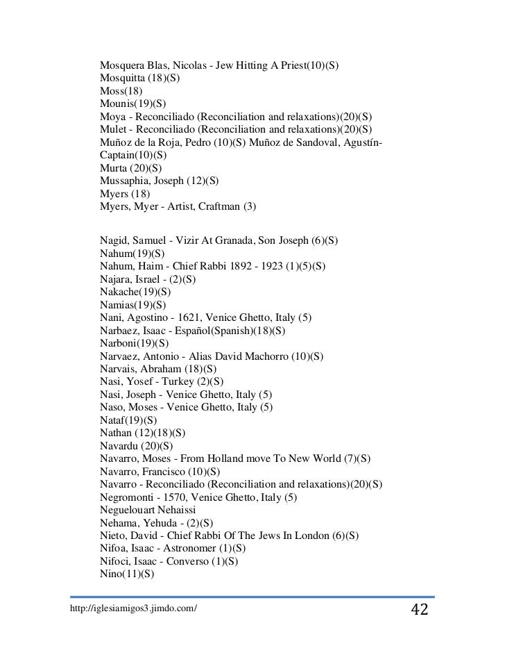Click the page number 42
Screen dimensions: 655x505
point(419,611)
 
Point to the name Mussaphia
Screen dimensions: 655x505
point(126,181)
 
